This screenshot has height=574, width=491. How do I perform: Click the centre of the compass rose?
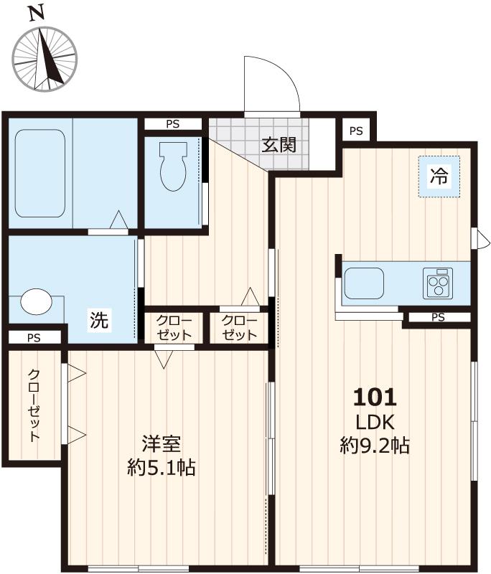tap(45, 59)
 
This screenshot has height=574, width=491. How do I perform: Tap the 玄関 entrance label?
tap(279, 145)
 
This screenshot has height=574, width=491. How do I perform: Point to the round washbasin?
tap(36, 302)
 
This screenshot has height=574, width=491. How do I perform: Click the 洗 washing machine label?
tap(100, 321)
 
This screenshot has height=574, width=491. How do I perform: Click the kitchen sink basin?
tap(364, 283)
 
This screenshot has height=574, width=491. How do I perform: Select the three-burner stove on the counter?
tap(438, 283)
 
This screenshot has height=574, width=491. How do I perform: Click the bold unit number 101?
tap(374, 397)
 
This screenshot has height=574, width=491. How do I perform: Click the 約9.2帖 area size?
tap(374, 446)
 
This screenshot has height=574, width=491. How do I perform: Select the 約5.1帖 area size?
tap(161, 469)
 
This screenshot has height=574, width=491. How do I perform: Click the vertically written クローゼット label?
tap(34, 405)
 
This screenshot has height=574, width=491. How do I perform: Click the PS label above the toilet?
tap(173, 124)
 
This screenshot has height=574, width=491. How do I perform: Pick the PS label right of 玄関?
tap(356, 131)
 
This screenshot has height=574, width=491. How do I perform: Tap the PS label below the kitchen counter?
tap(438, 317)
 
